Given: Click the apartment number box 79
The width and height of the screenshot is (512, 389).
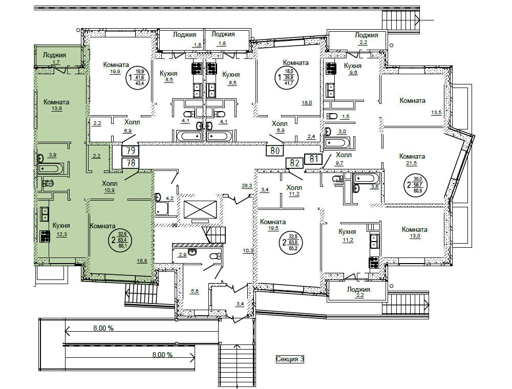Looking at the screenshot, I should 131,151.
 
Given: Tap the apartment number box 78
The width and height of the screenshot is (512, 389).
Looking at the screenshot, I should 131,163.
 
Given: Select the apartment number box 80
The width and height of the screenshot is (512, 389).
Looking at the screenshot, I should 275,151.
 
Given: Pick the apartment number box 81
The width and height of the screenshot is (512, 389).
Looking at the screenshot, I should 313,159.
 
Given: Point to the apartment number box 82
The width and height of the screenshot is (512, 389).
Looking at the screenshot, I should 294,163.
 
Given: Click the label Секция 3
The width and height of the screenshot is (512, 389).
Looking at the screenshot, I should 290,359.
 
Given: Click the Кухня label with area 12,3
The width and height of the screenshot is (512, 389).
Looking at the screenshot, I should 61,225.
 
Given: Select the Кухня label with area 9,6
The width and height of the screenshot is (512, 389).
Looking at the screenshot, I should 353,66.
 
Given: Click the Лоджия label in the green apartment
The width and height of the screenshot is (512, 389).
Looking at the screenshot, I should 54,55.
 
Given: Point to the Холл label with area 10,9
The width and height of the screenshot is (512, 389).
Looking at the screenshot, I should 110,183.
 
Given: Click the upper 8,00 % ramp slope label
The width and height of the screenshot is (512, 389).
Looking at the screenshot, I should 103,328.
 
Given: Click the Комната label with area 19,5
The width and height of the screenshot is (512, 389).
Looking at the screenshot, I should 272,222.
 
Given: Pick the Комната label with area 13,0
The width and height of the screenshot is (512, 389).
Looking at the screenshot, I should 414,229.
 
